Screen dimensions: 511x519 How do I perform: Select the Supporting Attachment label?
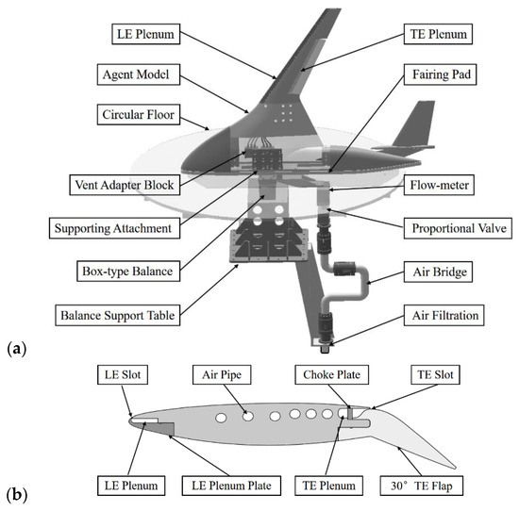[116, 228]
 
